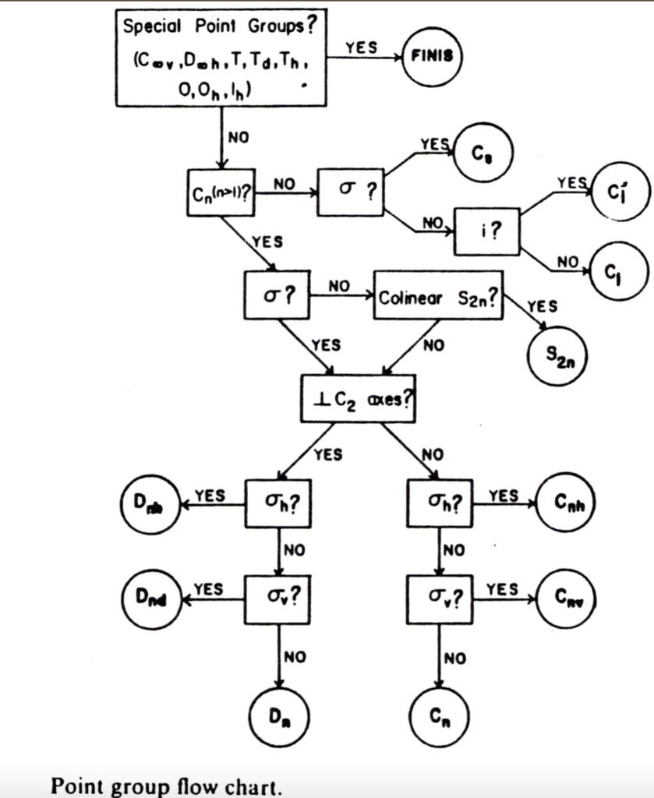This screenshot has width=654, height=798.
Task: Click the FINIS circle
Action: [x=431, y=55]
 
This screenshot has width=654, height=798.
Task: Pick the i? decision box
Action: [x=486, y=231]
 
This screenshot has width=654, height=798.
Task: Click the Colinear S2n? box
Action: [x=437, y=295]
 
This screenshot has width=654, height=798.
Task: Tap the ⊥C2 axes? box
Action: [x=359, y=398]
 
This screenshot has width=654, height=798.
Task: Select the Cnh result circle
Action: [x=567, y=505]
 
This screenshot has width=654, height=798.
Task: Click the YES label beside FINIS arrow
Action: [x=362, y=48]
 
